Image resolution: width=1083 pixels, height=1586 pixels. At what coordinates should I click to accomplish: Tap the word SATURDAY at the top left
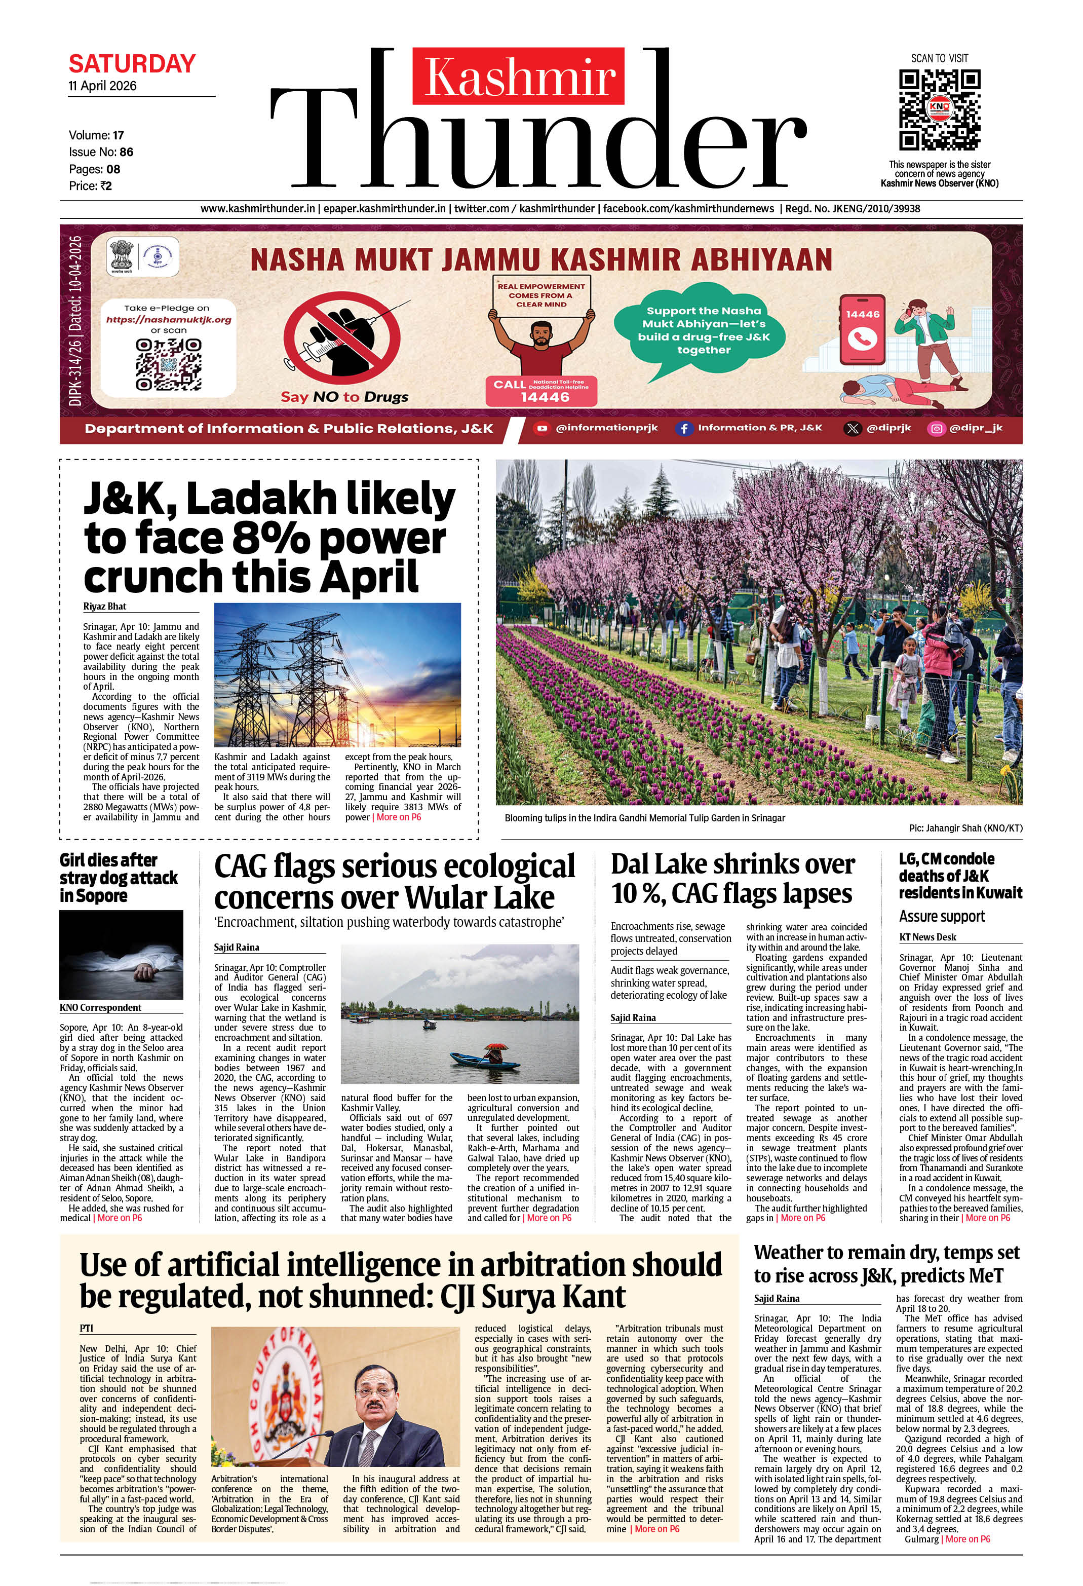(x=132, y=64)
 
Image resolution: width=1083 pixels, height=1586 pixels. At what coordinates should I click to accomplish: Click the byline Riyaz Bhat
(x=105, y=606)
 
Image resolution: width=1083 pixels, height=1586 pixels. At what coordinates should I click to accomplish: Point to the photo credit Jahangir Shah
(x=965, y=828)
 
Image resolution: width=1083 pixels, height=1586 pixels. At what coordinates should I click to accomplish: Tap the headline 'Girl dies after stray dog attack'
(x=118, y=877)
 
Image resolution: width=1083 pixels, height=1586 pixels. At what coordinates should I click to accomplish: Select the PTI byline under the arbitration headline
(x=86, y=1328)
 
